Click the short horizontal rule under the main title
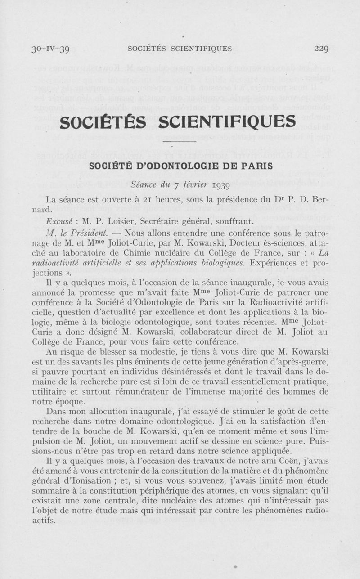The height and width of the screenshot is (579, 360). (184, 142)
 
